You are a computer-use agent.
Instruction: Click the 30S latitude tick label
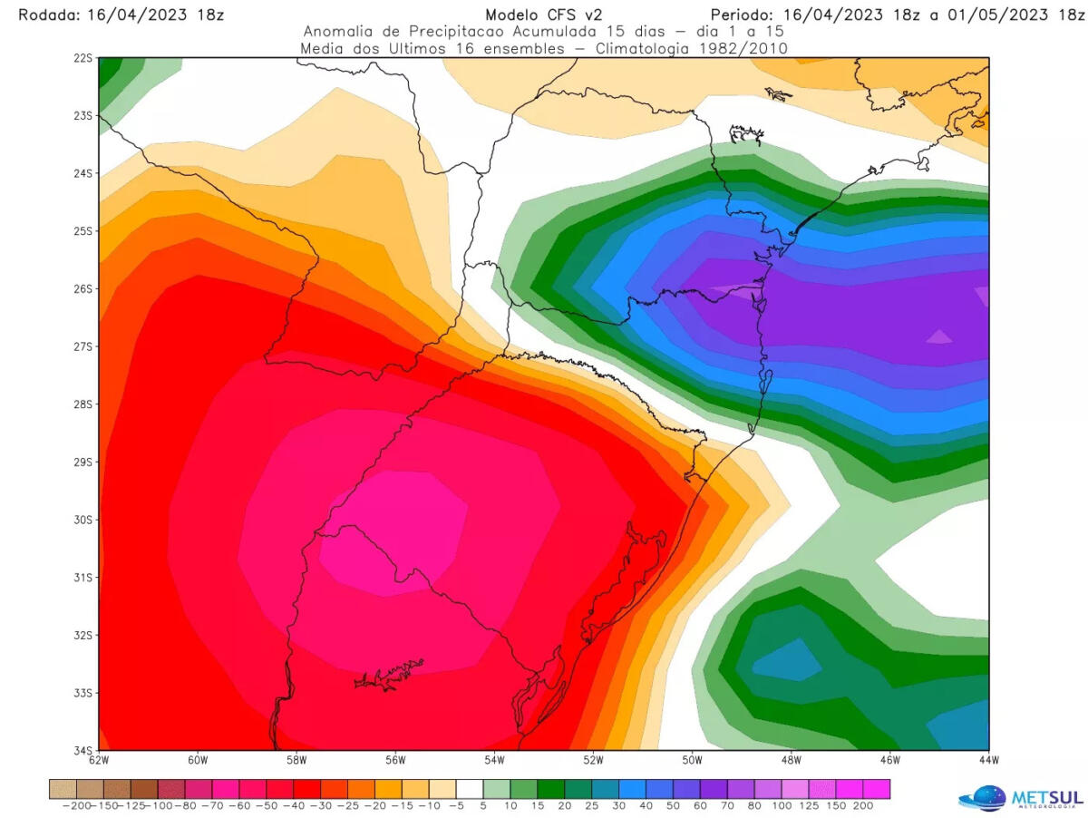[x=83, y=520]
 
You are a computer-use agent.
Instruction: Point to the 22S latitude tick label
[x=83, y=58]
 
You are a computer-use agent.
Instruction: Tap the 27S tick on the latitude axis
[x=83, y=346]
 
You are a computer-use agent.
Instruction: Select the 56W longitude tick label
[x=395, y=760]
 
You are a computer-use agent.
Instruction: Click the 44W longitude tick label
[x=988, y=760]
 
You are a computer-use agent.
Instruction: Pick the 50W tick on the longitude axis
[x=692, y=760]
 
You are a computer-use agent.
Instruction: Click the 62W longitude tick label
[x=99, y=760]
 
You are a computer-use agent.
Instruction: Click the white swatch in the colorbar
[x=470, y=788]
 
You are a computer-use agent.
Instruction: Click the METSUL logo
[x=1020, y=796]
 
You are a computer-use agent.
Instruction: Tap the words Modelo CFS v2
[x=544, y=15]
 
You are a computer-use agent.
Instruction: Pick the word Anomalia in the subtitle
[x=338, y=32]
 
